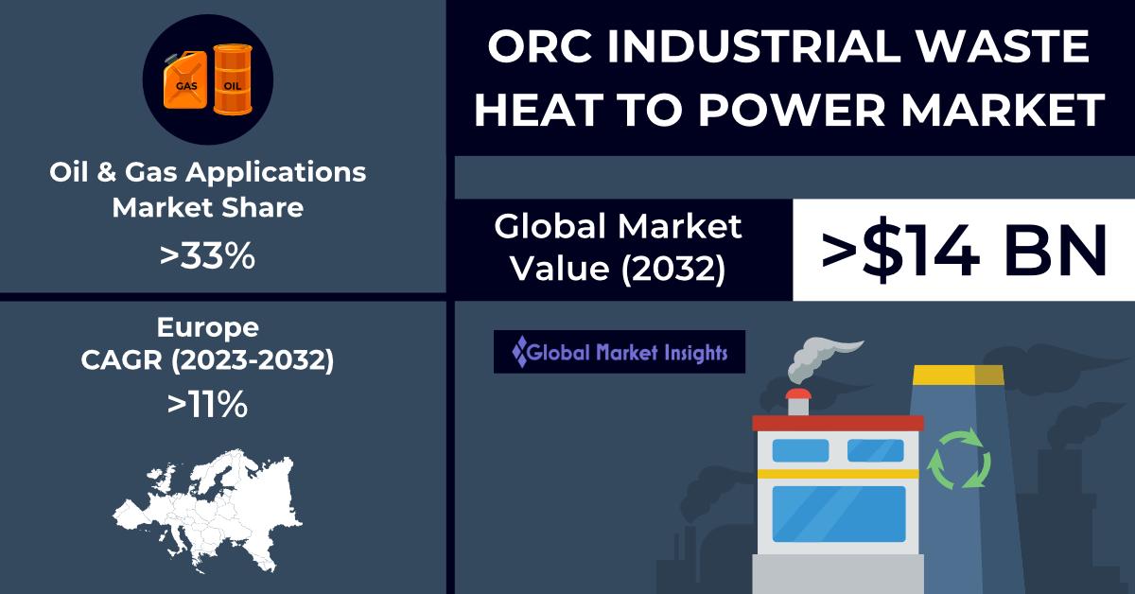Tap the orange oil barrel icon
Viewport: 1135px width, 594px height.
233,79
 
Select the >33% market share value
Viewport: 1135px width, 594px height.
207,256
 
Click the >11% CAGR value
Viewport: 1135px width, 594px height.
207,405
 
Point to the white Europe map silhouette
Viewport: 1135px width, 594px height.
208,511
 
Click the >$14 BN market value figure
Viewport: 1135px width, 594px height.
964,250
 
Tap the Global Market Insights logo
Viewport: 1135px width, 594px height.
620,352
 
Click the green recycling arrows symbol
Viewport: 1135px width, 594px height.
959,459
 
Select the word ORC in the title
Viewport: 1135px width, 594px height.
539,46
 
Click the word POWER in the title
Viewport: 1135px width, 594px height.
792,109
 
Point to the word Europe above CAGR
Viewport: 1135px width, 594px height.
208,327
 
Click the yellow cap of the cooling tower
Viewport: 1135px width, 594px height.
958,376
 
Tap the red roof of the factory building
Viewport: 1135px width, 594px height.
838,423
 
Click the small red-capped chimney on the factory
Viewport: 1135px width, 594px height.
798,402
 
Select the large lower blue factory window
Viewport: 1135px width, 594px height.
839,514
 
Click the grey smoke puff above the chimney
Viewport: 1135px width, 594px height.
821,359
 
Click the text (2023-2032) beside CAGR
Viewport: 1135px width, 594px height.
253,360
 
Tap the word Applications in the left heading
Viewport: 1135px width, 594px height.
275,172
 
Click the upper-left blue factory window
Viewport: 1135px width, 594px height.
800,450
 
